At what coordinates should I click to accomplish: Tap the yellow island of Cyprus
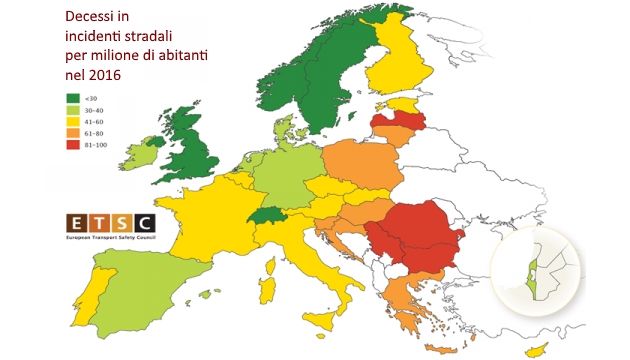point(538,349)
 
